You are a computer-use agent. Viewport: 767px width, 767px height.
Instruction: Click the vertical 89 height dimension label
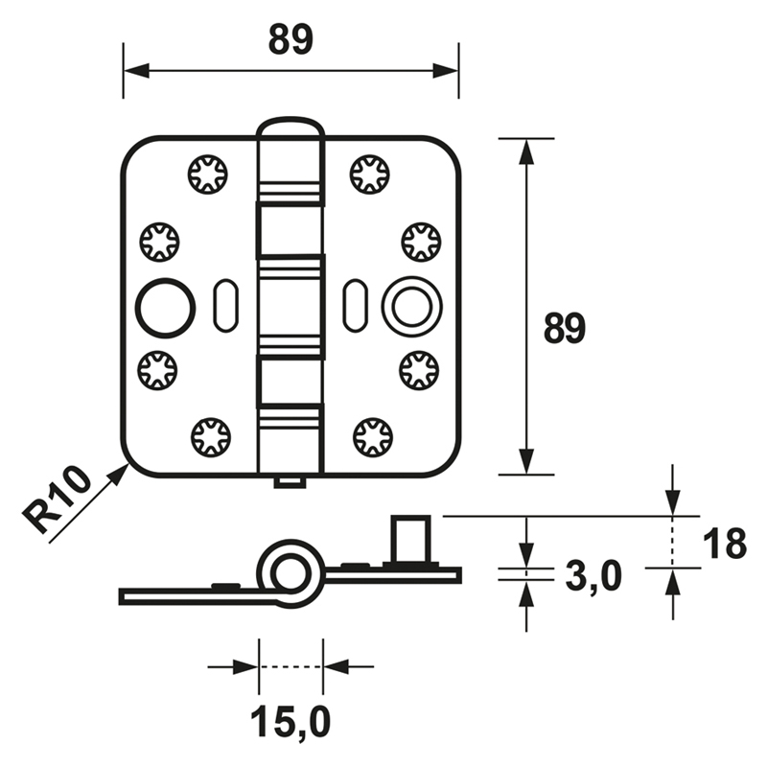565,328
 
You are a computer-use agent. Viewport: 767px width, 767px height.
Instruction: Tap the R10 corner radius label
58,500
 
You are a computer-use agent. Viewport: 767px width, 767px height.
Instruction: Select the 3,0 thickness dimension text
593,577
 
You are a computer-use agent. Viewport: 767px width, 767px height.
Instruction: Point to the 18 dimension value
725,543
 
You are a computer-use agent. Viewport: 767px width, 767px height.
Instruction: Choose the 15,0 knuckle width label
291,722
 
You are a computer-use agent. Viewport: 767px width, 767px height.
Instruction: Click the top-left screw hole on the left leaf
208,174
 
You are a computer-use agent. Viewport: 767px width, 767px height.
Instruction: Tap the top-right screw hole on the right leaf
370,174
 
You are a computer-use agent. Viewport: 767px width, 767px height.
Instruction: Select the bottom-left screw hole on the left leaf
211,437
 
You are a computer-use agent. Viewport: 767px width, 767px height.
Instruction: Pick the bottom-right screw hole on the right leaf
373,437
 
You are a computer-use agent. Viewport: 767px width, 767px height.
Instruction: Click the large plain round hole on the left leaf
165,308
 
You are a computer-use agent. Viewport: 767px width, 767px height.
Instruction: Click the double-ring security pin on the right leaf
412,308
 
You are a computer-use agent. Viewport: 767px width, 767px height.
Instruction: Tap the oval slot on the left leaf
226,306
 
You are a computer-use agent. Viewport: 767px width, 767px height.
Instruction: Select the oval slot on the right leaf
355,306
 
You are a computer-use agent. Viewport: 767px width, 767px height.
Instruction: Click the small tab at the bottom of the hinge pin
291,481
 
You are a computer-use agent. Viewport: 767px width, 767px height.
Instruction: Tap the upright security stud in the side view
410,539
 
